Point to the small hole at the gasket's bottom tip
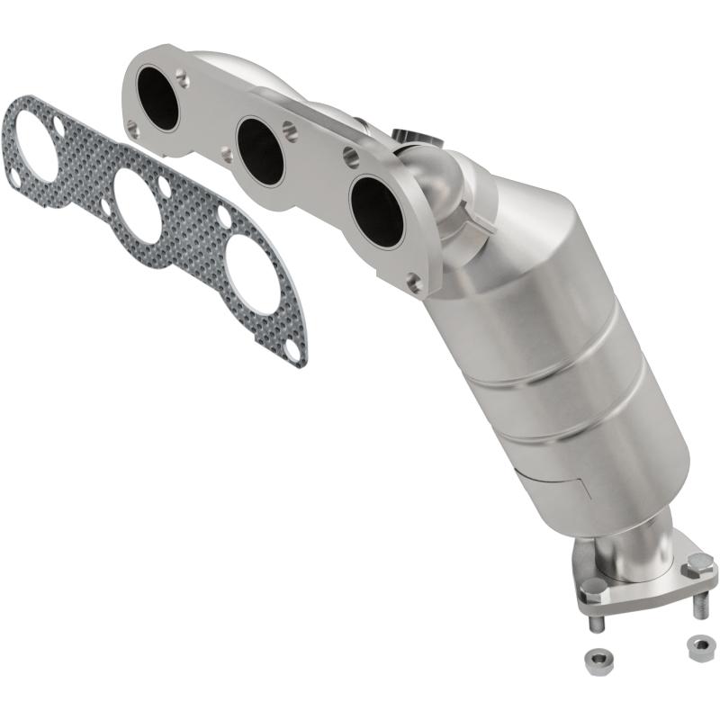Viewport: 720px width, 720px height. tap(293, 350)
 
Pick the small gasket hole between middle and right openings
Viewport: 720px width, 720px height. tap(224, 216)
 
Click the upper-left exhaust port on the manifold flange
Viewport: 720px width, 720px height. tap(159, 98)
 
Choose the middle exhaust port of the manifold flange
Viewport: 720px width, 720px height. tap(261, 150)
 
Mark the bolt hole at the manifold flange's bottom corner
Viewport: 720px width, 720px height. tap(414, 284)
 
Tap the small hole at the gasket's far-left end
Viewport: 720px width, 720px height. tap(13, 180)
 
